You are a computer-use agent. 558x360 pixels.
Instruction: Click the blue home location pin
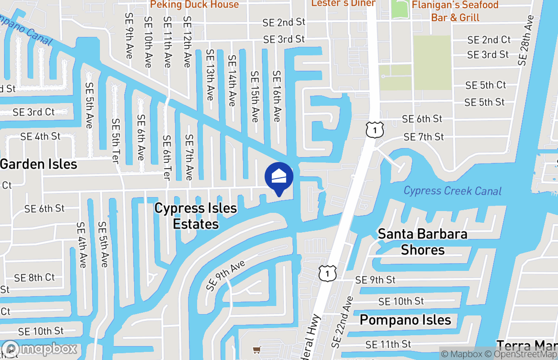click(x=279, y=177)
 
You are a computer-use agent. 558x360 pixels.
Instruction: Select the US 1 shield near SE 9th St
click(x=328, y=273)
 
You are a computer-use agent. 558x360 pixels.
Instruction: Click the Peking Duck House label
click(x=194, y=4)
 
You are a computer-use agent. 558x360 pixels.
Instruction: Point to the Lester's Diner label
click(x=343, y=4)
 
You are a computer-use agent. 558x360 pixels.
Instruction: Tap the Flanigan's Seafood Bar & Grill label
click(x=455, y=11)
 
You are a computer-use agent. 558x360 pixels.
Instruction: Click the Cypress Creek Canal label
click(x=452, y=191)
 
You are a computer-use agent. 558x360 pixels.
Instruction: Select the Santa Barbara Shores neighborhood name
click(x=423, y=242)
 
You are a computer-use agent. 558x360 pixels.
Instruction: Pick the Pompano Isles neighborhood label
click(x=405, y=320)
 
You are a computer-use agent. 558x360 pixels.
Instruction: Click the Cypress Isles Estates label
click(x=196, y=216)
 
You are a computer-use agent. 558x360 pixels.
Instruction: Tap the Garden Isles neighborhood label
click(x=39, y=164)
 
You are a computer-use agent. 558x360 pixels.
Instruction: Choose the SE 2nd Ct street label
click(x=489, y=40)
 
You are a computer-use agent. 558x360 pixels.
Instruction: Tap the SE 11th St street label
click(x=388, y=344)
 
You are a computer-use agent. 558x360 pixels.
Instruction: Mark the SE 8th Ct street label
click(x=34, y=278)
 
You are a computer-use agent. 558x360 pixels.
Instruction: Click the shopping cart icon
click(x=256, y=350)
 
